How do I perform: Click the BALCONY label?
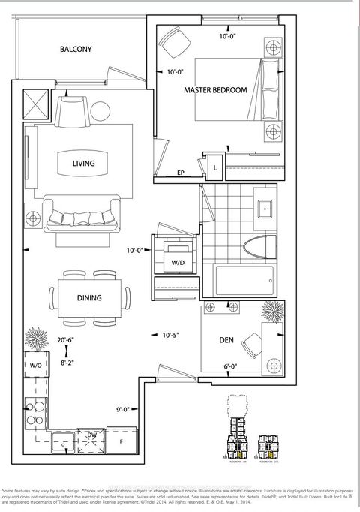76,50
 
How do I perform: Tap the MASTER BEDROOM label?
216,90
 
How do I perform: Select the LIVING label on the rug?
84,163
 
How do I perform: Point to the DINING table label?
88,297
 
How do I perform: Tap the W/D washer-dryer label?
178,263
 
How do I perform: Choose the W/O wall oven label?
35,366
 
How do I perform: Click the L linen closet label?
215,169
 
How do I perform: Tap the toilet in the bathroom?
256,244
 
